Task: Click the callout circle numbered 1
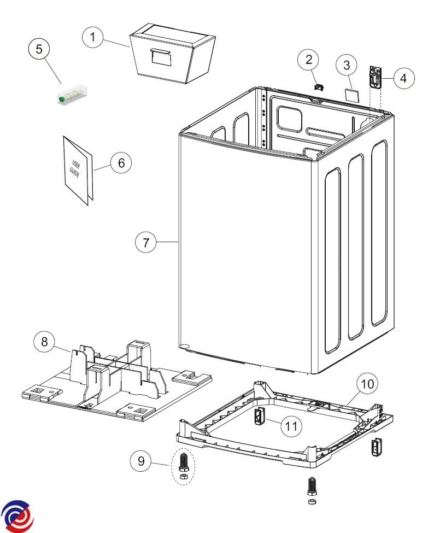(93, 37)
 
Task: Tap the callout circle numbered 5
(39, 49)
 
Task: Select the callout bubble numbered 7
(146, 242)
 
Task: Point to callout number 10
(367, 384)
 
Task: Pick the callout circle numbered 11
(291, 426)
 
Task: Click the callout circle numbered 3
(347, 65)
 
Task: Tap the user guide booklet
(78, 171)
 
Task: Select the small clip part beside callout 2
(319, 87)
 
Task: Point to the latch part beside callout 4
(375, 78)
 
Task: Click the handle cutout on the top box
(160, 56)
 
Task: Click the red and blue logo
(17, 516)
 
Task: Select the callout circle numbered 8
(44, 341)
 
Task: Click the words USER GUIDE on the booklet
(75, 168)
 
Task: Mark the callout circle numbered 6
(121, 163)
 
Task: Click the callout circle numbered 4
(403, 78)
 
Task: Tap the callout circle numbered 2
(309, 60)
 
